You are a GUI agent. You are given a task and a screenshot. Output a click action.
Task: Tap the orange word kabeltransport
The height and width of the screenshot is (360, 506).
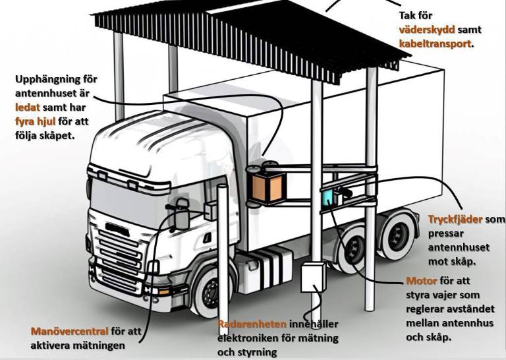(435, 44)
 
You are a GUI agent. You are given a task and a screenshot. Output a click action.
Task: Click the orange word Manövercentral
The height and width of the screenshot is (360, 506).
(69, 331)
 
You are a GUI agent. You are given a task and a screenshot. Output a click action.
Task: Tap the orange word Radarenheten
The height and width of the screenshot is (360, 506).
(252, 324)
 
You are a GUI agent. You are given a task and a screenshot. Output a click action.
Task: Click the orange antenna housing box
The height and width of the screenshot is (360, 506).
(267, 187)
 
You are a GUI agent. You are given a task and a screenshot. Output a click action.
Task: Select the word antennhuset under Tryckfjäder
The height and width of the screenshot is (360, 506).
(457, 247)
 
